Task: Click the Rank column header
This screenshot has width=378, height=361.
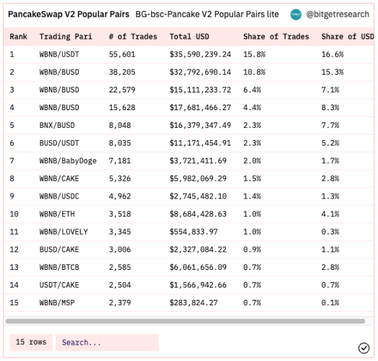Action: point(18,37)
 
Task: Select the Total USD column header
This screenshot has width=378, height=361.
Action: point(189,37)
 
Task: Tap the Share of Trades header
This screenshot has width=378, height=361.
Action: point(276,37)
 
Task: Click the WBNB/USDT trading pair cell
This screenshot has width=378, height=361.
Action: point(59,54)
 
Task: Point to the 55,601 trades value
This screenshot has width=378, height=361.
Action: point(122,54)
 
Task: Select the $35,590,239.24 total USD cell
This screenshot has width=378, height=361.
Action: point(200,54)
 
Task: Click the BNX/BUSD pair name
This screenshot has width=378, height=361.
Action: point(57,125)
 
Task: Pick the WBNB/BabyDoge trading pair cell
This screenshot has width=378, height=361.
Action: point(68,161)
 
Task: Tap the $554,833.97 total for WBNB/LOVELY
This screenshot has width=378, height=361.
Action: point(193,232)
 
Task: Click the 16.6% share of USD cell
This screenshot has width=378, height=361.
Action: point(333,54)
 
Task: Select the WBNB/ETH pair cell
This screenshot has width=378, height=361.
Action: point(57,214)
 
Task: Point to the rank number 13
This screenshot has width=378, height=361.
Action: point(14,267)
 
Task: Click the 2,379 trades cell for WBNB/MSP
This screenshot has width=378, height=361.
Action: point(120,303)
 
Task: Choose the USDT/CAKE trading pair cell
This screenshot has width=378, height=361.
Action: point(59,285)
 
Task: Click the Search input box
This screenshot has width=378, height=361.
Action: point(107,343)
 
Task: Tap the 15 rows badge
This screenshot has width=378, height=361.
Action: point(31,343)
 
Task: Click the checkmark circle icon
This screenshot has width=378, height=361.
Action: point(364,348)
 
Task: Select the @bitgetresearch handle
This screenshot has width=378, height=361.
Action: point(337,14)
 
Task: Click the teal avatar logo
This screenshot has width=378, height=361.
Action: point(296,14)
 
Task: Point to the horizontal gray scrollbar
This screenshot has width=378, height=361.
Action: point(185,321)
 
